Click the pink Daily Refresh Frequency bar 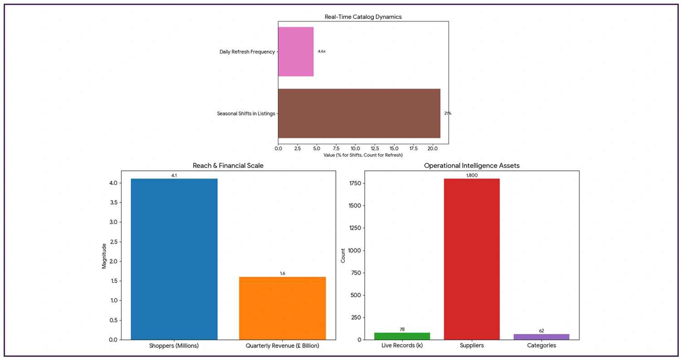(295, 52)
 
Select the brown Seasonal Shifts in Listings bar (359, 113)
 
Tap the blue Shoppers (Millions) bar (174, 259)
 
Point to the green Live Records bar (402, 336)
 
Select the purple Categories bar (541, 337)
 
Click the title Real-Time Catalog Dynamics (363, 17)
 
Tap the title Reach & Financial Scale (228, 166)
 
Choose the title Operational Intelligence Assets (471, 166)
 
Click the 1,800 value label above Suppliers (472, 175)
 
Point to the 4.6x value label (321, 52)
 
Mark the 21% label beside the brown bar (447, 113)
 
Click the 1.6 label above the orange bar (282, 273)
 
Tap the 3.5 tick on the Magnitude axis (114, 202)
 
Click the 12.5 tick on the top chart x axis (375, 149)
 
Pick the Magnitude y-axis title (104, 256)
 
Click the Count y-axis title (343, 256)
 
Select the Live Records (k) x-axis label (402, 346)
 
